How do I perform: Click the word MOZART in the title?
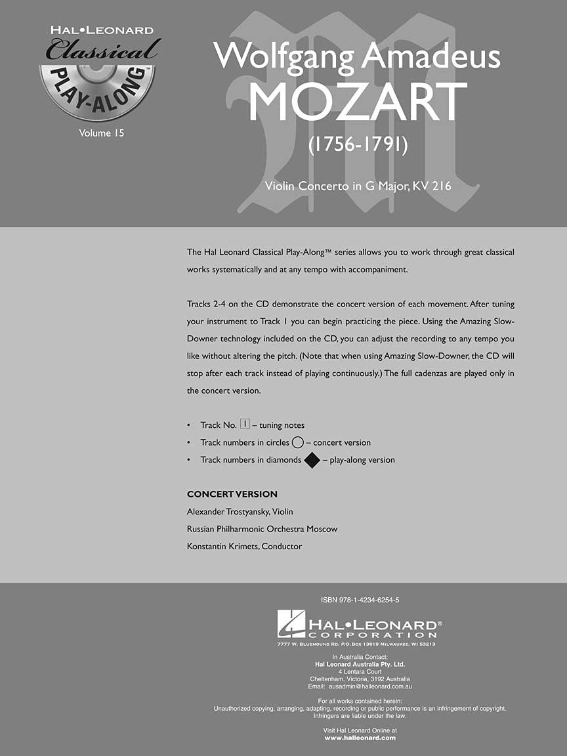pos(358,102)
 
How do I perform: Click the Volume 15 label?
pos(101,133)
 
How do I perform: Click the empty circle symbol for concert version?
pos(297,442)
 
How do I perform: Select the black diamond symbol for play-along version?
pos(312,460)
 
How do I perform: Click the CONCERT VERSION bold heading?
pos(232,494)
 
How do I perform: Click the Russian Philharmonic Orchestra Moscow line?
pos(262,529)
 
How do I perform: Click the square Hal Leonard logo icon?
pos(291,623)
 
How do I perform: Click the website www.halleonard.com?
pos(360,738)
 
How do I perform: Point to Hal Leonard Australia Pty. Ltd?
pos(360,664)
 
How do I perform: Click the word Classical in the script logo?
pos(103,49)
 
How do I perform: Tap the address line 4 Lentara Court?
pos(360,671)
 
